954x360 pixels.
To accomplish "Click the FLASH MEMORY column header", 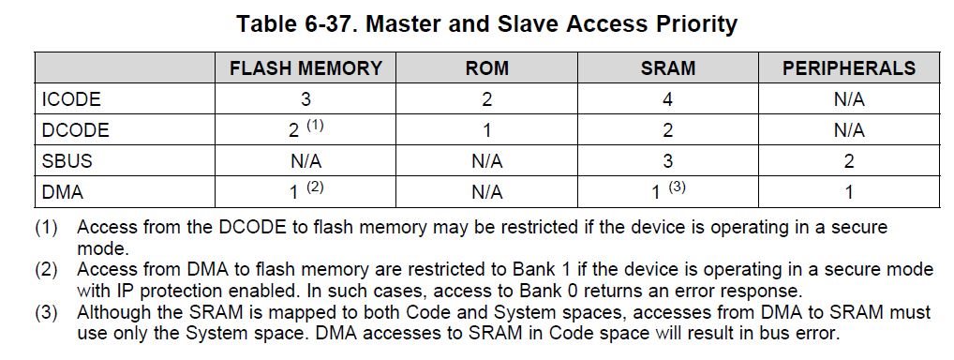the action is pyautogui.click(x=306, y=67).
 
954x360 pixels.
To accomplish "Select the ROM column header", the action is pyautogui.click(x=486, y=67).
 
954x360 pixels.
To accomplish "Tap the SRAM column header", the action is pyautogui.click(x=668, y=67).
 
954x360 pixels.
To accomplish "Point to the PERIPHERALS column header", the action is pyautogui.click(x=849, y=67).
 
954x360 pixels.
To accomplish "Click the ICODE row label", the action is pyautogui.click(x=71, y=99).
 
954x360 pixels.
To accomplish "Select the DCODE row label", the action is pyautogui.click(x=76, y=130).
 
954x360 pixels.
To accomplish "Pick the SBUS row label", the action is pyautogui.click(x=67, y=161).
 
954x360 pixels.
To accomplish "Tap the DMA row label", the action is pyautogui.click(x=62, y=192).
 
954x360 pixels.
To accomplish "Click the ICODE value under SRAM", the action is pyautogui.click(x=668, y=99).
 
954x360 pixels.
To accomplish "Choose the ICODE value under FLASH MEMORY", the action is pyautogui.click(x=306, y=99).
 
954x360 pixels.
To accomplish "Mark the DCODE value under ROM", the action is pyautogui.click(x=486, y=130).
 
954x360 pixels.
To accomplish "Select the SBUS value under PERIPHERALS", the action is pyautogui.click(x=849, y=161).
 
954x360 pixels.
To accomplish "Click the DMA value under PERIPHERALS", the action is pyautogui.click(x=849, y=192).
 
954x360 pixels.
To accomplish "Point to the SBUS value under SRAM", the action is pyautogui.click(x=668, y=161).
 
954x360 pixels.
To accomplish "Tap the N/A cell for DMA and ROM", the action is pyautogui.click(x=486, y=192).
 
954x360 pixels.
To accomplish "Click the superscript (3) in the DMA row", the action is pyautogui.click(x=678, y=187).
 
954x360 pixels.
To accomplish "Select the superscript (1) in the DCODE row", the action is pyautogui.click(x=315, y=126).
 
